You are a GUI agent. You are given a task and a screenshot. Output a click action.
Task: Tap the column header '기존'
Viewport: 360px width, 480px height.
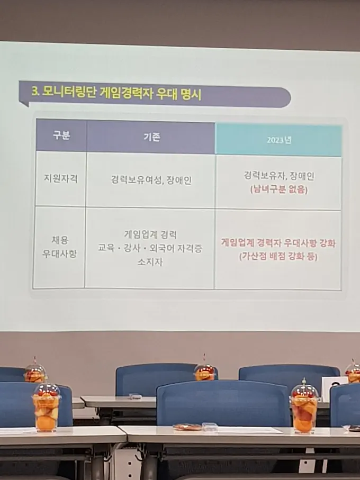pos(151,137)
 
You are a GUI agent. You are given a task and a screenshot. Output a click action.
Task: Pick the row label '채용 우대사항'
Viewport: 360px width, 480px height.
pos(59,247)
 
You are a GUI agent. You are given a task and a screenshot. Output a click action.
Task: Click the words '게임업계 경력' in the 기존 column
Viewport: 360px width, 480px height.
pos(151,234)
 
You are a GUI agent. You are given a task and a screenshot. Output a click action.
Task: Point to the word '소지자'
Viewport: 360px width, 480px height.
pos(151,261)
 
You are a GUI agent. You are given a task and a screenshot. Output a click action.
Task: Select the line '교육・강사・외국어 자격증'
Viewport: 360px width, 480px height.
pos(151,248)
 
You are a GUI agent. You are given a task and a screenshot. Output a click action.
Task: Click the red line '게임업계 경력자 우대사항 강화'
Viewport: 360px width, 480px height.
pos(278,243)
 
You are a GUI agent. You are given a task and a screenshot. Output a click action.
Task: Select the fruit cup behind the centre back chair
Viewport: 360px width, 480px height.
pos(204,372)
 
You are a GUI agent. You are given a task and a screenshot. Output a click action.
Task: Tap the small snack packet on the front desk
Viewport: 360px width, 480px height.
pos(187,427)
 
